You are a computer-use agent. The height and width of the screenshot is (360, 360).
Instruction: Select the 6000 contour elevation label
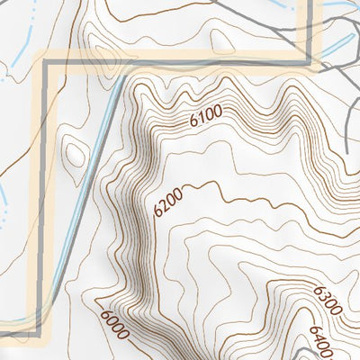pyautogui.click(x=115, y=320)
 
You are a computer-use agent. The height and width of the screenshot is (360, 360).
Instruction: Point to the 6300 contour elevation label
pyautogui.click(x=328, y=300)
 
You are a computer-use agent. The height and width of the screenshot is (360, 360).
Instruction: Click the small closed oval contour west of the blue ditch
pyautogui.click(x=75, y=154)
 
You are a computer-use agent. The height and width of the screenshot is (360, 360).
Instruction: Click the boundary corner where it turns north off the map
pyautogui.click(x=316, y=63)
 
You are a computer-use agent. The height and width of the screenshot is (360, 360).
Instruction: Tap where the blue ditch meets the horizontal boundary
pyautogui.click(x=115, y=65)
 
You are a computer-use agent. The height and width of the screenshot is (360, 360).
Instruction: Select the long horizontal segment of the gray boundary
pyautogui.click(x=180, y=64)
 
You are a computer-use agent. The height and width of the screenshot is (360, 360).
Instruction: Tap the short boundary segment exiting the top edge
pyautogui.click(x=316, y=27)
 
